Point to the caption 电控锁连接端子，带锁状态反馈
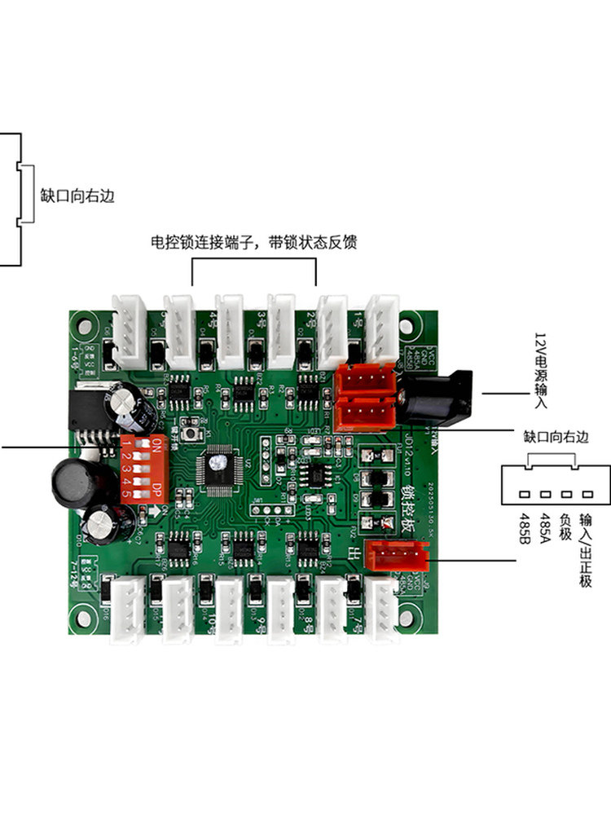pos(254,242)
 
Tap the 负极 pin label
pos(565,522)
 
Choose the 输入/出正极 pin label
pos(584,543)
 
